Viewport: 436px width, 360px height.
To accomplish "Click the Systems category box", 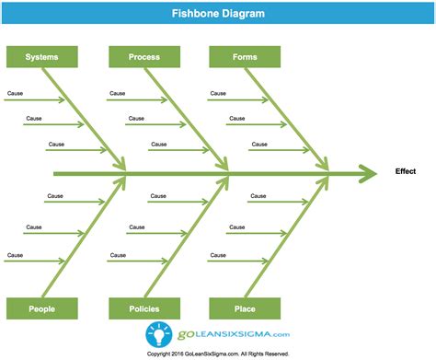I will [x=42, y=57].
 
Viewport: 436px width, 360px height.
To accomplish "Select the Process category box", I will [x=144, y=57].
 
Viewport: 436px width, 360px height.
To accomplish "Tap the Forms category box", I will [x=245, y=57].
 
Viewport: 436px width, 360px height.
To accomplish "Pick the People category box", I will [x=42, y=309].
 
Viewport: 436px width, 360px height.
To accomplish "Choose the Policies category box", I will [x=144, y=309].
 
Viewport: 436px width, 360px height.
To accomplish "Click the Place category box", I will [x=245, y=309].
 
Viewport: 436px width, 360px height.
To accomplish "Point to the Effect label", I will [x=406, y=171].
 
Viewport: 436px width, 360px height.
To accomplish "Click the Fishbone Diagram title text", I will [x=218, y=14].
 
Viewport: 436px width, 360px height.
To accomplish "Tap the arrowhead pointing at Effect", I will [x=368, y=172].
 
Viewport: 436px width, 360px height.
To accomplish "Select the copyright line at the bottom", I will [x=218, y=352].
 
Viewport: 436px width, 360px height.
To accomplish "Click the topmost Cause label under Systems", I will [x=15, y=93].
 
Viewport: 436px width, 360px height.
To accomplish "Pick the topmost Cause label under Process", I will [x=117, y=93].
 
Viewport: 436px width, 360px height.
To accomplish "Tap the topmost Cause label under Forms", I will [x=217, y=93].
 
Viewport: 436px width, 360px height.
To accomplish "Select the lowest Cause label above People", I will [x=15, y=254].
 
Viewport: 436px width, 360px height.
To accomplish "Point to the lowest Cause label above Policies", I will [x=117, y=254].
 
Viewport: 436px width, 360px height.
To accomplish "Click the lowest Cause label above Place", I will [x=217, y=254].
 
